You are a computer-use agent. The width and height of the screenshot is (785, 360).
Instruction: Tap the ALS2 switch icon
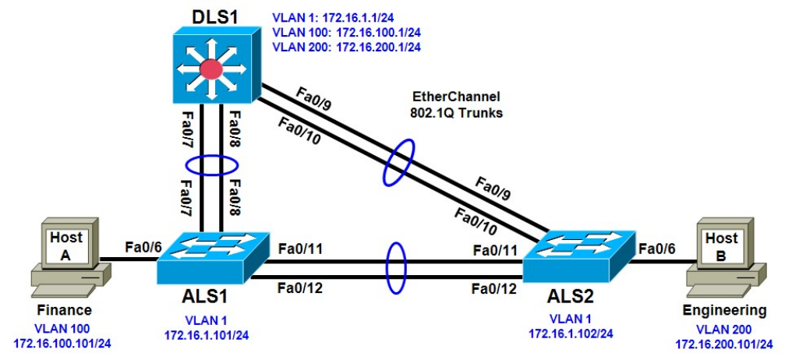coord(579,260)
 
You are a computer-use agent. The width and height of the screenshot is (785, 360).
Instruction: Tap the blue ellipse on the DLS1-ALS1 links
coord(210,167)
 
